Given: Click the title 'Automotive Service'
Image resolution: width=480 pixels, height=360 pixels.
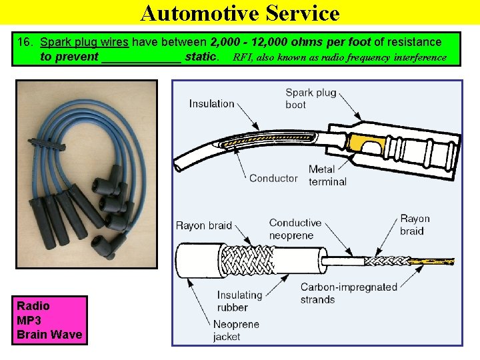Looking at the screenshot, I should (240, 13).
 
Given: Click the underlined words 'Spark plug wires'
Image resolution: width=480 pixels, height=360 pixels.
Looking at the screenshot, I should (85, 42).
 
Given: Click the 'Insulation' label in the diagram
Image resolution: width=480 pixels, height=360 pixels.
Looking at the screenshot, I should (211, 103).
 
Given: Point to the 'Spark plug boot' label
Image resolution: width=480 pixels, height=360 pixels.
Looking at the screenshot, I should (311, 98).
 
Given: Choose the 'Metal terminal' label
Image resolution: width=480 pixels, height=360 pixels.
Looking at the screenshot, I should (327, 175).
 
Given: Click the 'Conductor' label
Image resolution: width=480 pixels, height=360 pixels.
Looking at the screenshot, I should (273, 178).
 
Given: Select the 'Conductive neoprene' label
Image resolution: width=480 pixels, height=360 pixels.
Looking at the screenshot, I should (295, 229).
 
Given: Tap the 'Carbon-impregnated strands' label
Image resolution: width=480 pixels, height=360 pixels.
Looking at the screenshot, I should (348, 293).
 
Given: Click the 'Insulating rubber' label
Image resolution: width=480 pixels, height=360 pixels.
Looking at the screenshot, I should (239, 301).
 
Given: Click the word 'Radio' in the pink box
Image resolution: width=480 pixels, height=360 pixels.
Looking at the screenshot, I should (33, 306).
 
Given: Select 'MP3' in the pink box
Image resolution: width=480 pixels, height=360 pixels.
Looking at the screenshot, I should (29, 320).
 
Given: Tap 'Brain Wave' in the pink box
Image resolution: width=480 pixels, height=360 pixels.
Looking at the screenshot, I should (49, 334).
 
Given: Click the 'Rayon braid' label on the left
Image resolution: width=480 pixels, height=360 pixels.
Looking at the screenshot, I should (204, 225).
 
